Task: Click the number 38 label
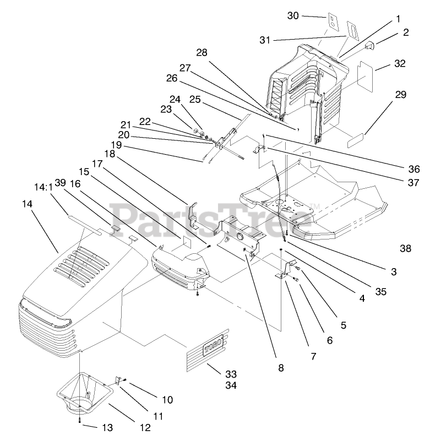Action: [x=405, y=248]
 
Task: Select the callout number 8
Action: [x=281, y=368]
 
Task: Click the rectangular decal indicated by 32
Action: [x=365, y=75]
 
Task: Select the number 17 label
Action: [x=97, y=164]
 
